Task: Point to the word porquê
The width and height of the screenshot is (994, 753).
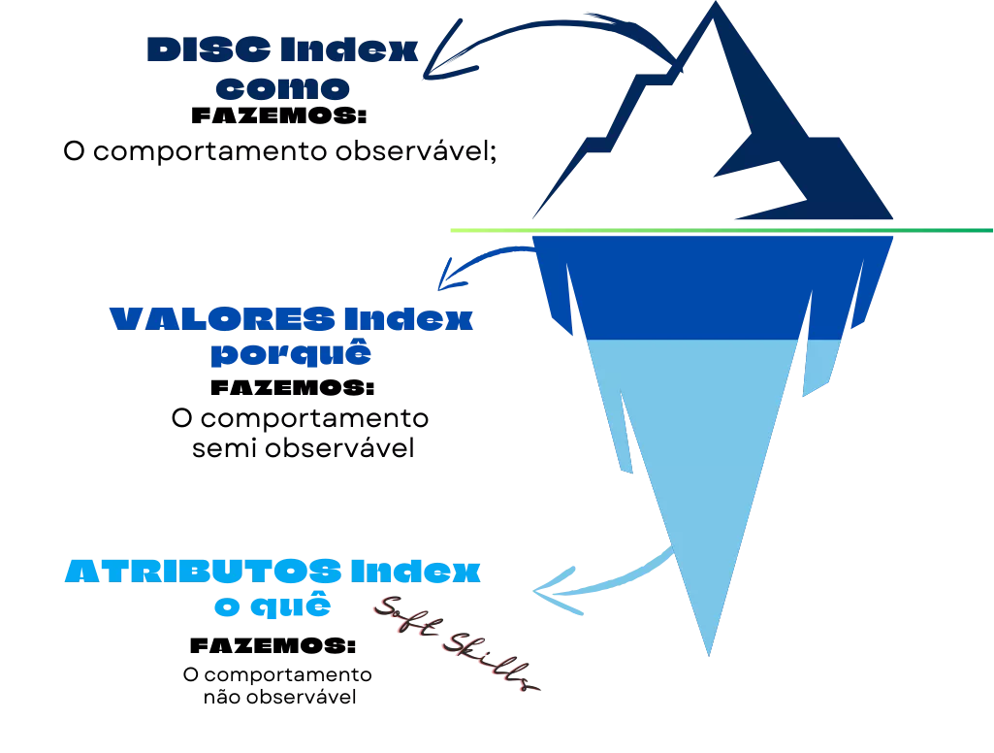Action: [291, 355]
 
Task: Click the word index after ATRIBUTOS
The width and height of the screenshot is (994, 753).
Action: [416, 571]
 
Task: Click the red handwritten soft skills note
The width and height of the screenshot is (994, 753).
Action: [456, 645]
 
